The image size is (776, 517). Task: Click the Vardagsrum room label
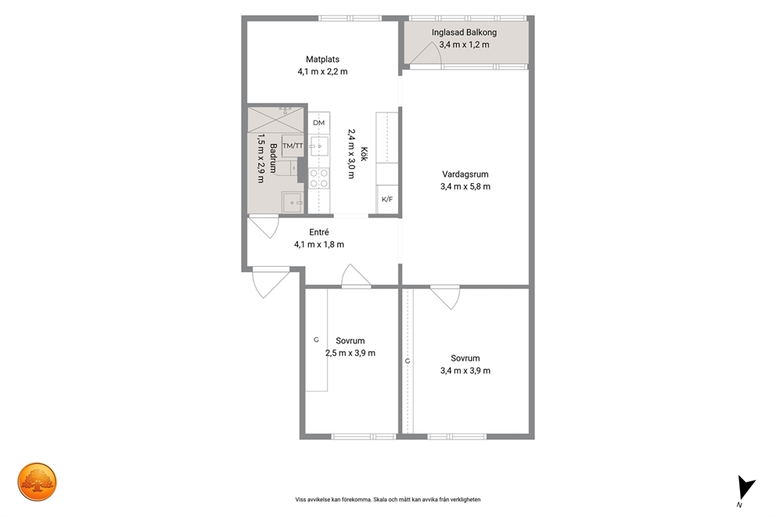[465, 174]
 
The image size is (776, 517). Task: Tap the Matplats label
[322, 59]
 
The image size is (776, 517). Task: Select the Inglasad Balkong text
[464, 33]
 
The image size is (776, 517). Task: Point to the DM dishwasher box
[318, 123]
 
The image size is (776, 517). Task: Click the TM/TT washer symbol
[293, 146]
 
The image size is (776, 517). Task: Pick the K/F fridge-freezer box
[387, 199]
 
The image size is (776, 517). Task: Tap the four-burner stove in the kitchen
[318, 178]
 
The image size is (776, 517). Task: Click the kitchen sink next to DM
[318, 145]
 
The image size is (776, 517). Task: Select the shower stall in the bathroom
[275, 119]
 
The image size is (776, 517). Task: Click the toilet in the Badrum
[285, 167]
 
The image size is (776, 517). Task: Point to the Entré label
[318, 232]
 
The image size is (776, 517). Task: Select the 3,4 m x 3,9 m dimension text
[465, 371]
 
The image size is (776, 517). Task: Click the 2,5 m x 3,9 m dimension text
[350, 354]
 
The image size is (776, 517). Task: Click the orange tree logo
[38, 482]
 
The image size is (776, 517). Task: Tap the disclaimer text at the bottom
[387, 500]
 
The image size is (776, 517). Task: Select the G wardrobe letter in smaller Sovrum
[316, 340]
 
